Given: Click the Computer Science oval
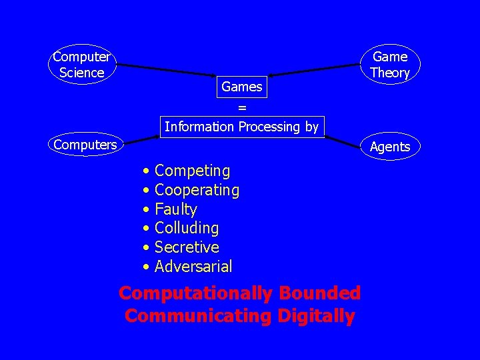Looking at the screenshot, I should (82, 65).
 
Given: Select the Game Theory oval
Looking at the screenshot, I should (390, 65).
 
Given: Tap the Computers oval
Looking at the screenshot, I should (85, 144).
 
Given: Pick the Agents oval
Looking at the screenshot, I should (390, 147).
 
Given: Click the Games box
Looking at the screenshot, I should (241, 87).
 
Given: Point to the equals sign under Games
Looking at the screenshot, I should (242, 107).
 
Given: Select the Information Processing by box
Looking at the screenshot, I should (242, 126).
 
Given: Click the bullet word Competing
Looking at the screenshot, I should (192, 171).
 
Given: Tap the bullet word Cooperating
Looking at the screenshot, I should (197, 190).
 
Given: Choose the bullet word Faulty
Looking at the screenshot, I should (175, 209).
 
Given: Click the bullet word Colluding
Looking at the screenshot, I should (187, 228).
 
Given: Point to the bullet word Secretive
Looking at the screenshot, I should (187, 247).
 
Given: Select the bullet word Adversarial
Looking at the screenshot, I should (193, 267).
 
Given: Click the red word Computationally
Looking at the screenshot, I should (195, 293).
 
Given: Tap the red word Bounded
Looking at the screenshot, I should (320, 293).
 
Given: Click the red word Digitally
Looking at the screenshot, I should (313, 315).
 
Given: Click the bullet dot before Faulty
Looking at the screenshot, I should (145, 210).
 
